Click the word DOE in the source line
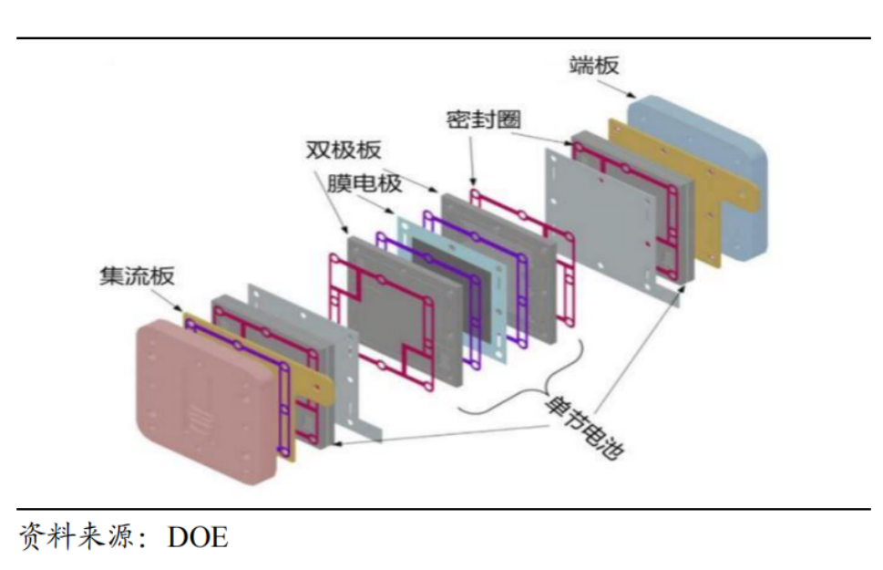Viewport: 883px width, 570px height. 198,537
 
